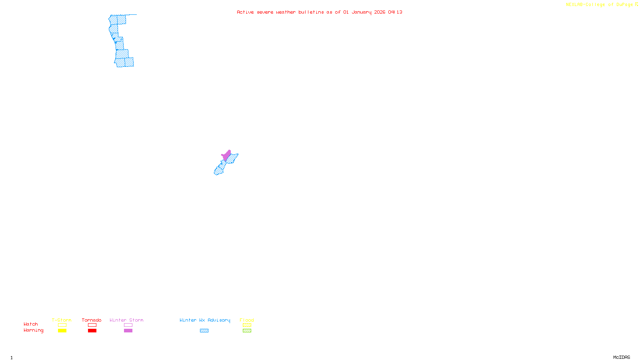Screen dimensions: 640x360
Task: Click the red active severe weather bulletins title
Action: tap(319, 12)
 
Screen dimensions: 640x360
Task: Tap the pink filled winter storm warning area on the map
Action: tap(226, 155)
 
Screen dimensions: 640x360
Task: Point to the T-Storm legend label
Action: tap(62, 320)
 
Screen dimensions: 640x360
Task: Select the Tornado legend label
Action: tap(92, 320)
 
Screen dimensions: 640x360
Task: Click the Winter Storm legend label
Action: tap(126, 320)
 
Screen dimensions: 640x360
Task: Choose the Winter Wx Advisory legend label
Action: tap(205, 320)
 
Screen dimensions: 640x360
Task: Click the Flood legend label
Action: tap(247, 320)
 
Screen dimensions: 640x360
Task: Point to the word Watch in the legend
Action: tap(31, 324)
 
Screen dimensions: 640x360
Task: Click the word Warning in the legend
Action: tap(33, 330)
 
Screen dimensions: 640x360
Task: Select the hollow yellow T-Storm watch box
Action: tap(62, 325)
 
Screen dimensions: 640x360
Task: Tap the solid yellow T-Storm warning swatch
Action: tap(62, 331)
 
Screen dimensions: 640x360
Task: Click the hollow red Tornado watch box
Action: tap(92, 325)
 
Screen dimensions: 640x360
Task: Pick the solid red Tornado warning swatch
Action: tap(92, 331)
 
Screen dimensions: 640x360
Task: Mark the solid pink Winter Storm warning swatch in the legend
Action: tap(128, 331)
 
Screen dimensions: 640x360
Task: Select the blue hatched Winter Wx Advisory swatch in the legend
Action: tap(204, 331)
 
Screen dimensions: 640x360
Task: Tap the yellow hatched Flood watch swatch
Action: tap(247, 325)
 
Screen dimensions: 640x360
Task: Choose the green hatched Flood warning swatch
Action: tap(247, 331)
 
